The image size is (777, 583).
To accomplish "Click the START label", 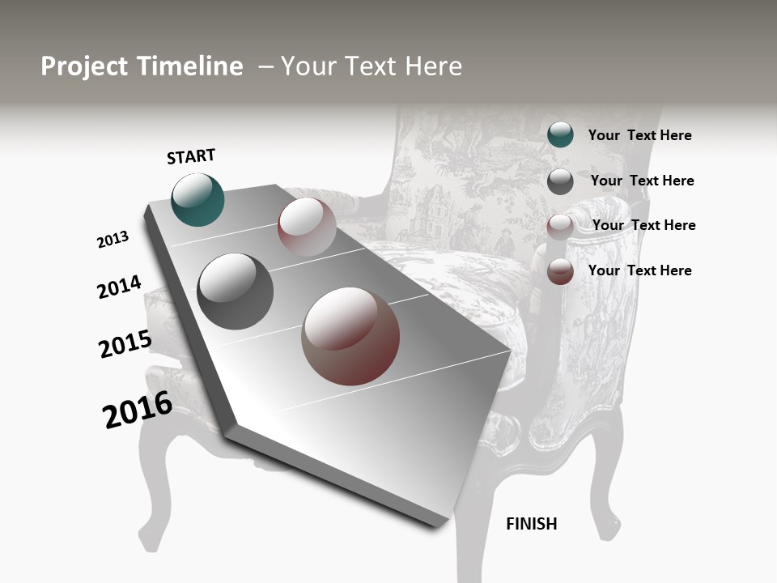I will (x=191, y=156).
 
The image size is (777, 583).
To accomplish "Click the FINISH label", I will (x=531, y=524).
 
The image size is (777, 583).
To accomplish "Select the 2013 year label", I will (x=113, y=240).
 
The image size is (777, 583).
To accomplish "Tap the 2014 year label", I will (x=119, y=287).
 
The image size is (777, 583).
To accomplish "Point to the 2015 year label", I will (x=125, y=344).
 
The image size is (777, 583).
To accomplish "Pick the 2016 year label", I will (x=138, y=410).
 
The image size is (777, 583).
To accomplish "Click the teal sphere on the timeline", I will (x=197, y=199).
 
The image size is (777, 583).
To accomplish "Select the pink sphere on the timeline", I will (x=307, y=227).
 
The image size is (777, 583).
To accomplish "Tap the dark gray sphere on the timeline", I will (x=236, y=291).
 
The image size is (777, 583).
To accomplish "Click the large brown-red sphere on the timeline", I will (x=350, y=336).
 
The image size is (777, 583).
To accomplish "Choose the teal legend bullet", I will (x=560, y=134).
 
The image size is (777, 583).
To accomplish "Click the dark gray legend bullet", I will (x=560, y=181).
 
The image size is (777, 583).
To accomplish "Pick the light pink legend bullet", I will (x=560, y=226).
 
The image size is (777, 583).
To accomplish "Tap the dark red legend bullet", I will (x=560, y=271).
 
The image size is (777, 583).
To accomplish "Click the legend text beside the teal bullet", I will (x=639, y=135).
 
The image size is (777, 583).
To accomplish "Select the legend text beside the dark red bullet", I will (x=639, y=270).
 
